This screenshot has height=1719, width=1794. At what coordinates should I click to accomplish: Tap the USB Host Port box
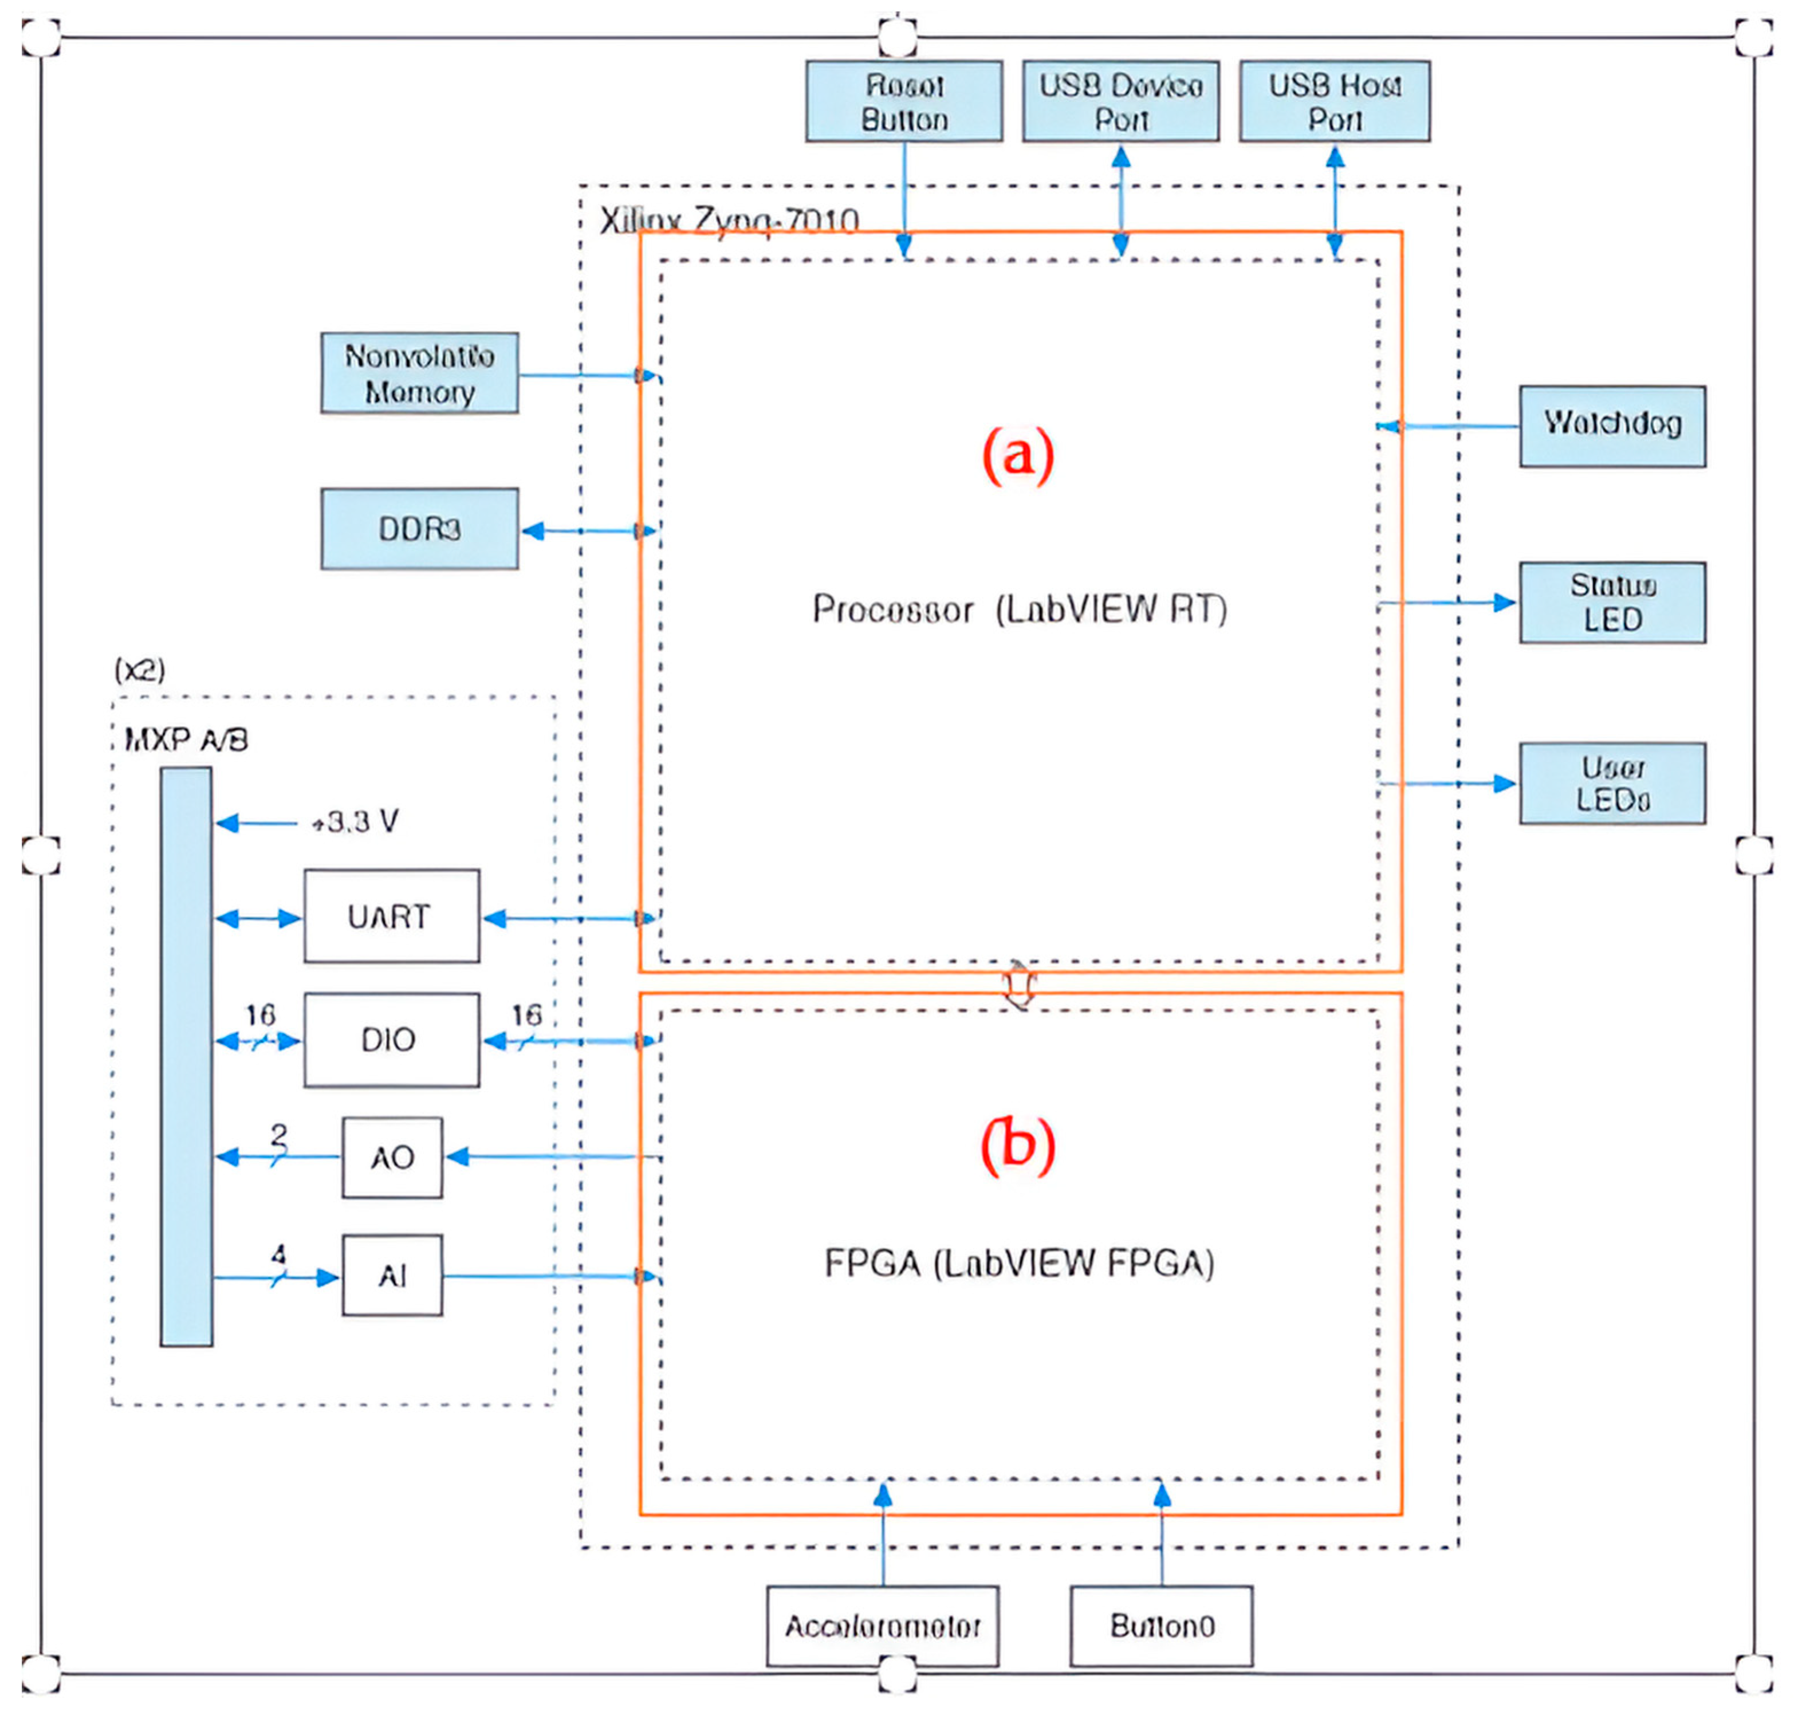(x=1335, y=101)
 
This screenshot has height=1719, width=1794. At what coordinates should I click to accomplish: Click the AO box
(x=392, y=1157)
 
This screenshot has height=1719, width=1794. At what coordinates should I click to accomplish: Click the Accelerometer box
(x=882, y=1627)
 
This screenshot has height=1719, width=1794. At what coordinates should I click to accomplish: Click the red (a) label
(x=1018, y=455)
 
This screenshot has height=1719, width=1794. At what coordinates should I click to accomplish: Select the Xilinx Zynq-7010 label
(x=730, y=221)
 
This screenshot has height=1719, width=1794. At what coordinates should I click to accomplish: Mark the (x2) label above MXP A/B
(x=139, y=670)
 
